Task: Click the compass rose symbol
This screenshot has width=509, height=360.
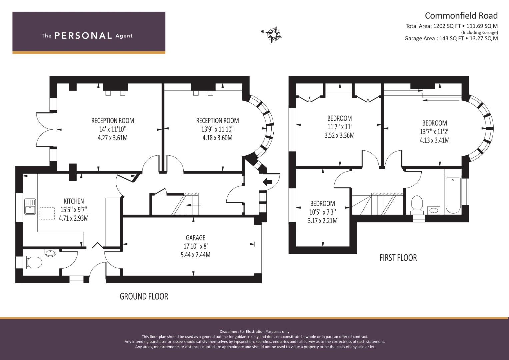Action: (x=274, y=34)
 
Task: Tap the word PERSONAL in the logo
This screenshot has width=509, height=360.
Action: (x=83, y=36)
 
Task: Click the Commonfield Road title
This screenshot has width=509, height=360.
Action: (x=461, y=16)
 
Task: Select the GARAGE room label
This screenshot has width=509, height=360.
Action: (x=196, y=238)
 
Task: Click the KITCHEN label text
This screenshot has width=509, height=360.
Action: (x=74, y=201)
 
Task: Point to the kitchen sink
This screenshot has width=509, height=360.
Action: (x=30, y=207)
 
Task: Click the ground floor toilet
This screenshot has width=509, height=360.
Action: (x=33, y=262)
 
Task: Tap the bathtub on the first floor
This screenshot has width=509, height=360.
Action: (x=453, y=196)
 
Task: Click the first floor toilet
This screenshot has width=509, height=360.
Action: (x=417, y=204)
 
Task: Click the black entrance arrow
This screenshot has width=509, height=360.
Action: (x=268, y=182)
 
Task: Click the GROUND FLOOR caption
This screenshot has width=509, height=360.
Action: (x=144, y=296)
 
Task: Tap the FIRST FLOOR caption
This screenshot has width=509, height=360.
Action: (x=398, y=258)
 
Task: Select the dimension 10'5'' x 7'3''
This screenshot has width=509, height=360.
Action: (x=323, y=212)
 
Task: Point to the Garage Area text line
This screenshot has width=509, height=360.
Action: (x=451, y=38)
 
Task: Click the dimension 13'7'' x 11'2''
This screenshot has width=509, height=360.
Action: (x=434, y=132)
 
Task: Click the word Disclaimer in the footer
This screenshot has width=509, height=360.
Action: (x=229, y=331)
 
